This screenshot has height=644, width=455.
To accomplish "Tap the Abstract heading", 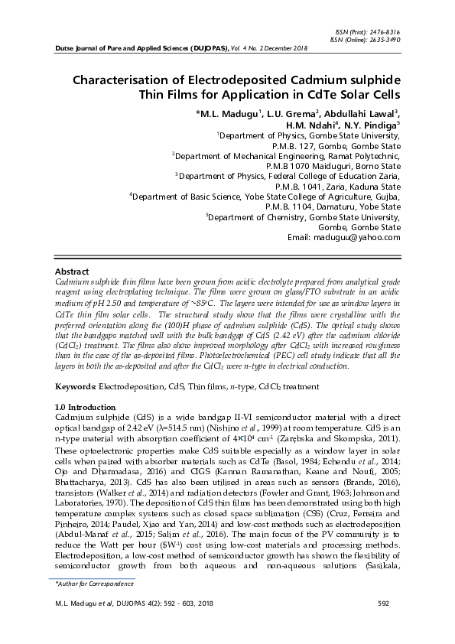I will point(72,272).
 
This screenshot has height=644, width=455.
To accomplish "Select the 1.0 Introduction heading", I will point(86,407).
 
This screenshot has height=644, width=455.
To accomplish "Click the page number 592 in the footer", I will point(384,603).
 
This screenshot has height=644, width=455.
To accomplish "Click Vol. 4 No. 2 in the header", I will point(257,48).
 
